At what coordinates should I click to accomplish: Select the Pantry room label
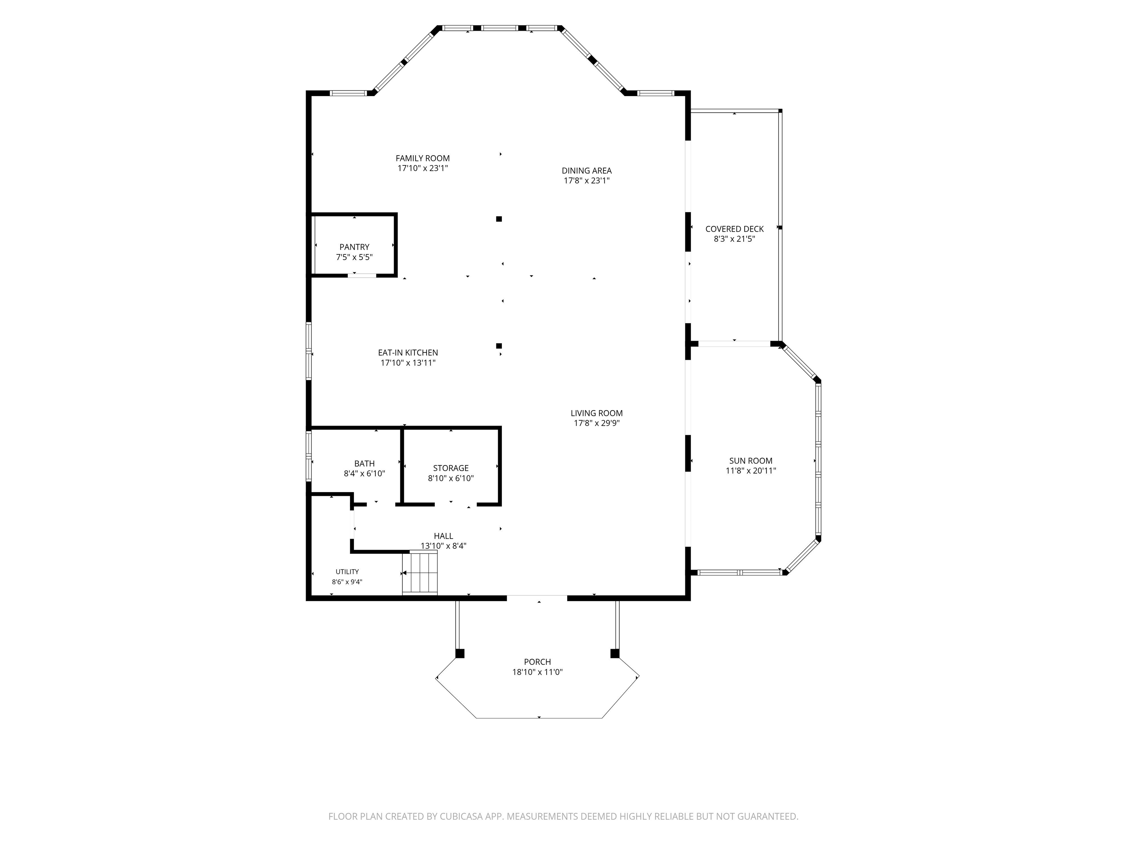(355, 247)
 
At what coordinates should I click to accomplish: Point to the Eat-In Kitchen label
(408, 352)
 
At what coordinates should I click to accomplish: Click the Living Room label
(597, 413)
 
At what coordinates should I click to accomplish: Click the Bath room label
(364, 464)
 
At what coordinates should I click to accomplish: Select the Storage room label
(451, 468)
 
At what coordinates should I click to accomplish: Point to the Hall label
(443, 536)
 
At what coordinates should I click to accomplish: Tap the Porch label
(537, 662)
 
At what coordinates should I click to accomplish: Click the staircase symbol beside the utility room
(420, 573)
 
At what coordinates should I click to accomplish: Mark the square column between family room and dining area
(499, 219)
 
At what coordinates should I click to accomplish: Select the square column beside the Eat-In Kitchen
(499, 346)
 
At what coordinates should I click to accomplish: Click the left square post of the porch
(460, 654)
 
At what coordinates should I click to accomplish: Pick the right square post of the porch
(615, 654)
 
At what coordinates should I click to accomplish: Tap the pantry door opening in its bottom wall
(362, 275)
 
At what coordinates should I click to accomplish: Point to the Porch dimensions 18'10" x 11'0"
(537, 672)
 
